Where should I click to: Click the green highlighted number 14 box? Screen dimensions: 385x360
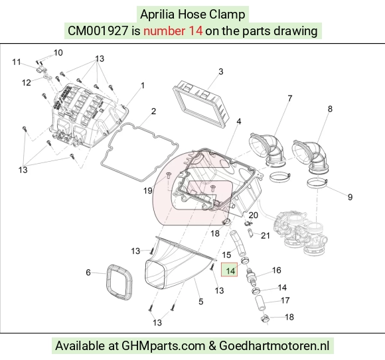click(229, 270)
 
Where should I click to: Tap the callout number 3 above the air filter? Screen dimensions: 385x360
click(221, 72)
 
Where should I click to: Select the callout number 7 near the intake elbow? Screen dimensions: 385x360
click(289, 98)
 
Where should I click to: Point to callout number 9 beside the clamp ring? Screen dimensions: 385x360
click(350, 197)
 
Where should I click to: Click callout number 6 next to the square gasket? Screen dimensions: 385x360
click(88, 272)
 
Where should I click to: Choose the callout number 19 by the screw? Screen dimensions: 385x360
click(148, 190)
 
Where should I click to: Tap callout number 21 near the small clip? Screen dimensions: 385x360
click(265, 235)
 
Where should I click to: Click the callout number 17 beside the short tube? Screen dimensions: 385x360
click(285, 300)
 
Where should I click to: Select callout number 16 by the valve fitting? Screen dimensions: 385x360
click(277, 270)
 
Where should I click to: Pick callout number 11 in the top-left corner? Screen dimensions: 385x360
click(17, 62)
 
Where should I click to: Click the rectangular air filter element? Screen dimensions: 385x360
click(202, 104)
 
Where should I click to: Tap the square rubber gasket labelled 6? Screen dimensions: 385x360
click(119, 282)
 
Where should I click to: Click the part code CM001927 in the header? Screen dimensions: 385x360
click(98, 31)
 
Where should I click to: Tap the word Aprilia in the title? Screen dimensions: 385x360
click(157, 14)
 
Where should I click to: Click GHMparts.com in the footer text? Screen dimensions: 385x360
click(163, 346)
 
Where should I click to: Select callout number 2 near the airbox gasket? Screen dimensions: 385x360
click(153, 111)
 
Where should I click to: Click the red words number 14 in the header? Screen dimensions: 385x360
click(173, 31)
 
